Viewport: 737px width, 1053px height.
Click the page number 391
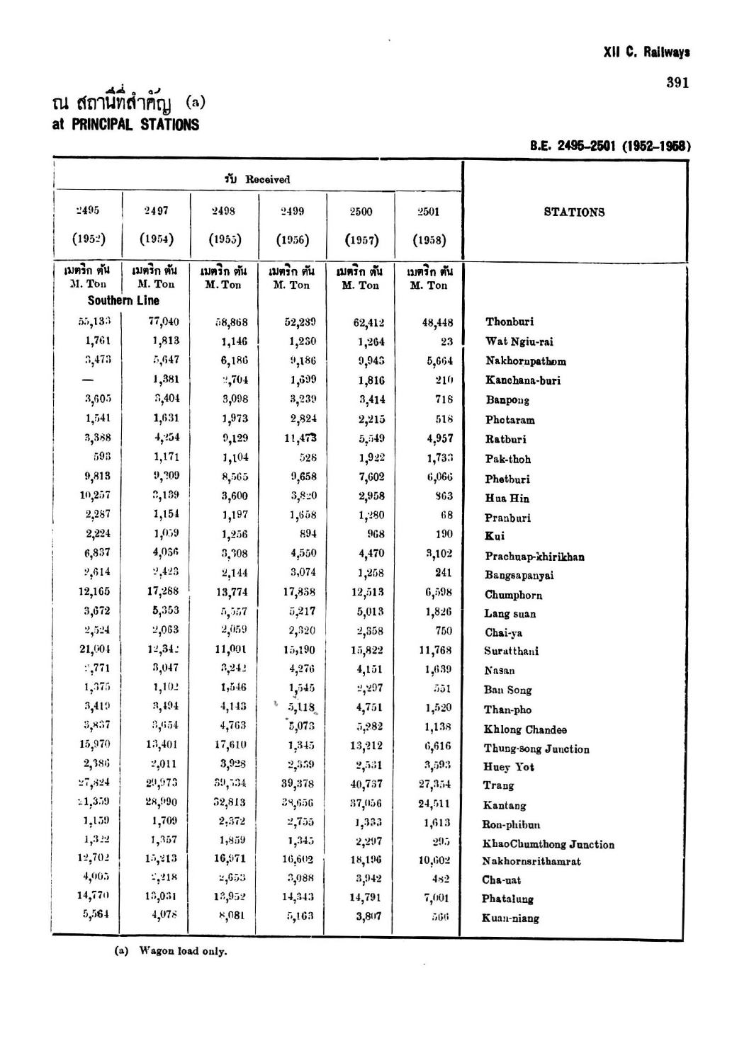pyautogui.click(x=677, y=83)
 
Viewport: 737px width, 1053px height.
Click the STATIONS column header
pyautogui.click(x=574, y=212)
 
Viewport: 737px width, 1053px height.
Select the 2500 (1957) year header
pyautogui.click(x=361, y=224)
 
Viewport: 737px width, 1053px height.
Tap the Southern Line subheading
pyautogui.click(x=123, y=300)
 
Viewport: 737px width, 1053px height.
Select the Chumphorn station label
pyautogui.click(x=513, y=595)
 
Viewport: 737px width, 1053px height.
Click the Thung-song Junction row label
pyautogui.click(x=536, y=749)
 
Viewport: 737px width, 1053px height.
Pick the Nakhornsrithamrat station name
pyautogui.click(x=531, y=862)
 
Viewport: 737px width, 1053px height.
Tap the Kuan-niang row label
pyautogui.click(x=510, y=918)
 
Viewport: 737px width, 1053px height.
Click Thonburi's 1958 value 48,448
pyautogui.click(x=437, y=323)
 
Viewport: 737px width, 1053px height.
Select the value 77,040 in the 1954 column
pyautogui.click(x=163, y=321)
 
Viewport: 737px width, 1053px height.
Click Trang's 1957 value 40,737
pyautogui.click(x=366, y=785)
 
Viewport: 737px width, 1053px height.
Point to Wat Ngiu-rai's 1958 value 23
pyautogui.click(x=446, y=341)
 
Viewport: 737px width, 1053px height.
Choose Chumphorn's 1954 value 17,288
pyautogui.click(x=163, y=591)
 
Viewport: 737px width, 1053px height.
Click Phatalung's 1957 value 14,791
pyautogui.click(x=366, y=898)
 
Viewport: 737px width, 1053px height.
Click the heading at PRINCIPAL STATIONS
pyautogui.click(x=126, y=125)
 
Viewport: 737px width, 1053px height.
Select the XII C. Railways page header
pyautogui.click(x=646, y=53)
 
